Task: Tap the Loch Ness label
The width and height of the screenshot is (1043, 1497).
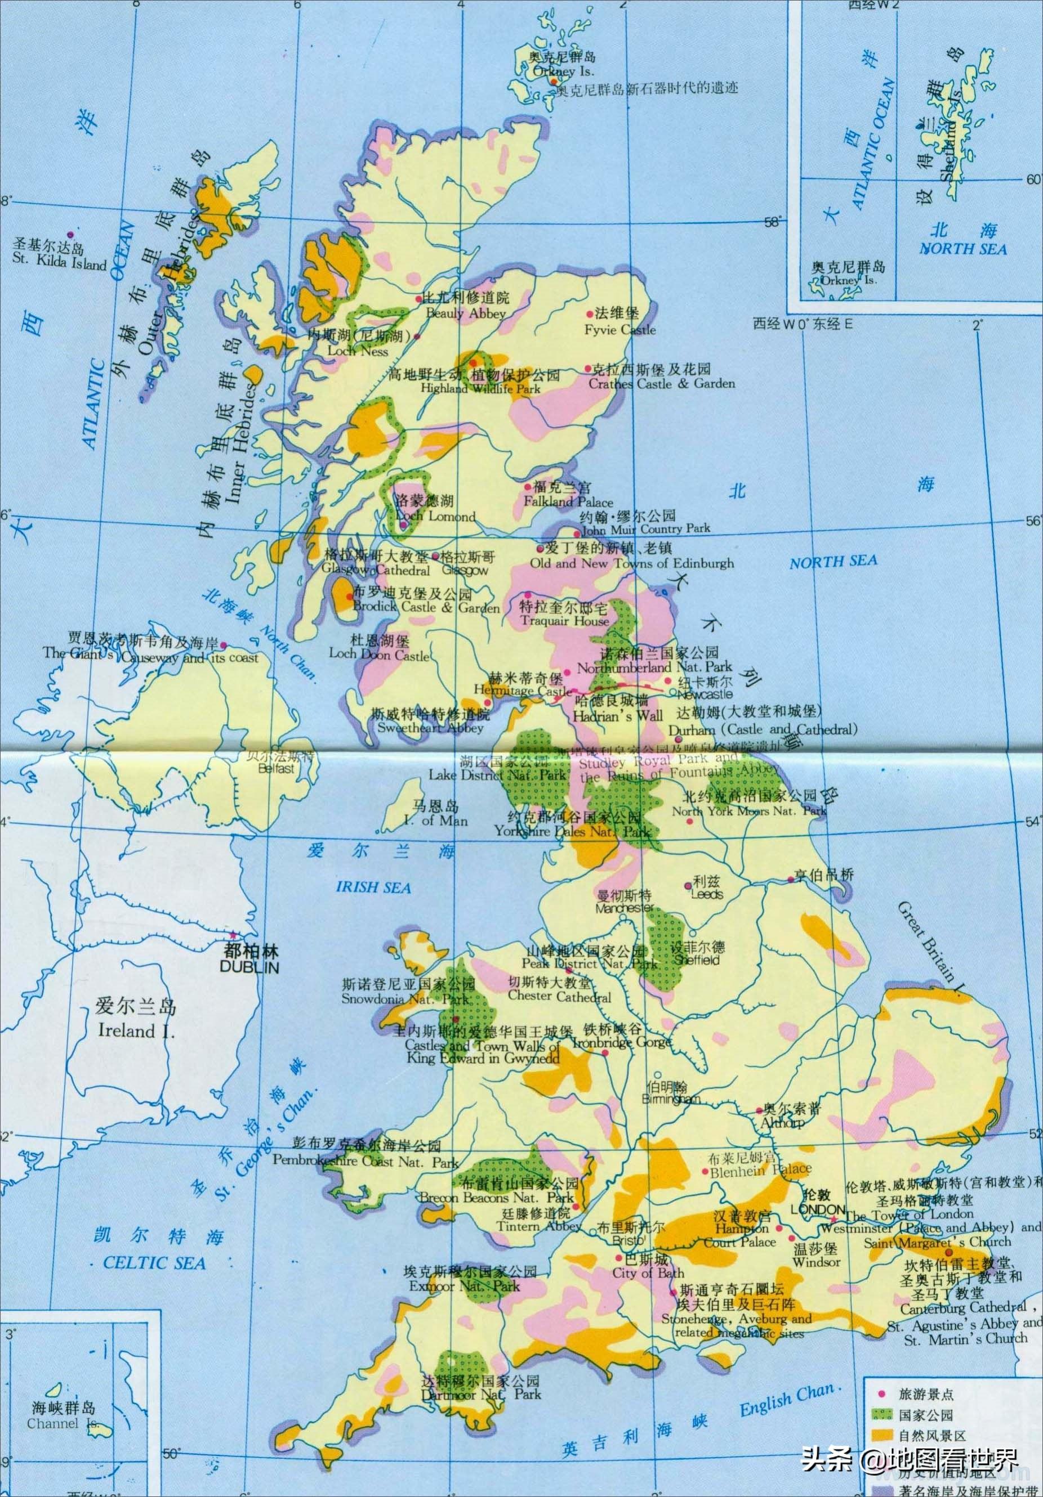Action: (359, 351)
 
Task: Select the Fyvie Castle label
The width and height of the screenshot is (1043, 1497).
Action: (619, 330)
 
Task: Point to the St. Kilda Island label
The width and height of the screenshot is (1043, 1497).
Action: (59, 264)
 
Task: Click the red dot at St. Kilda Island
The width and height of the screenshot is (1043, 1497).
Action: (70, 235)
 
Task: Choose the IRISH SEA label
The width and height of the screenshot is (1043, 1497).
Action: (374, 888)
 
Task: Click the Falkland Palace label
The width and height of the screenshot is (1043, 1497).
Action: (568, 502)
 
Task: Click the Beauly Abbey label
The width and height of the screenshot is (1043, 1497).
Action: (465, 313)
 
